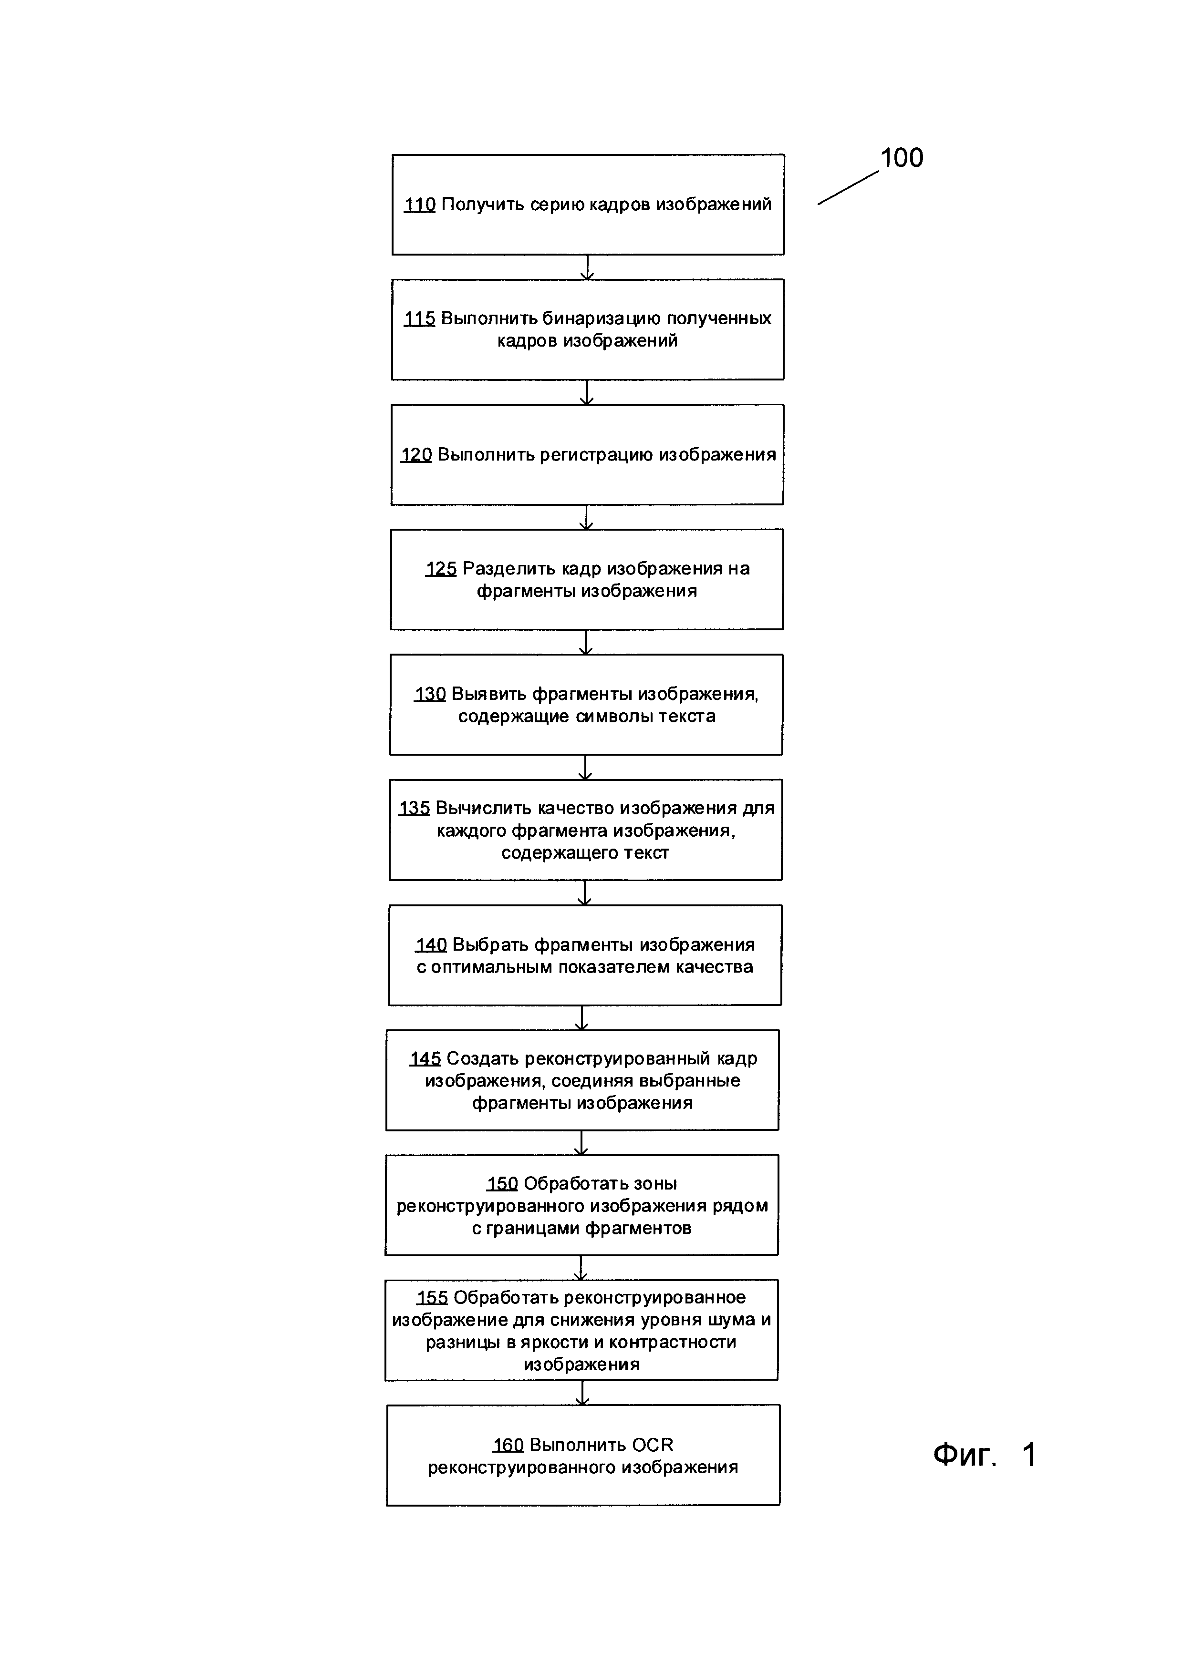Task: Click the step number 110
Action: tap(420, 205)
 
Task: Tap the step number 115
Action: tap(420, 318)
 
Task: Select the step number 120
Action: tap(416, 455)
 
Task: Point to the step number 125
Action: tap(441, 569)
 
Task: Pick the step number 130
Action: tap(430, 694)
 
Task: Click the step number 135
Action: tap(414, 808)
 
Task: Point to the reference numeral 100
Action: tap(902, 158)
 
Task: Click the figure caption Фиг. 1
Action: tap(984, 1455)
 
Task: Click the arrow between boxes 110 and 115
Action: tap(587, 267)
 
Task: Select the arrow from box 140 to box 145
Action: tap(581, 1018)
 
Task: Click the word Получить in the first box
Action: tap(482, 205)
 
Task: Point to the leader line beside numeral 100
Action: tap(848, 188)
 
